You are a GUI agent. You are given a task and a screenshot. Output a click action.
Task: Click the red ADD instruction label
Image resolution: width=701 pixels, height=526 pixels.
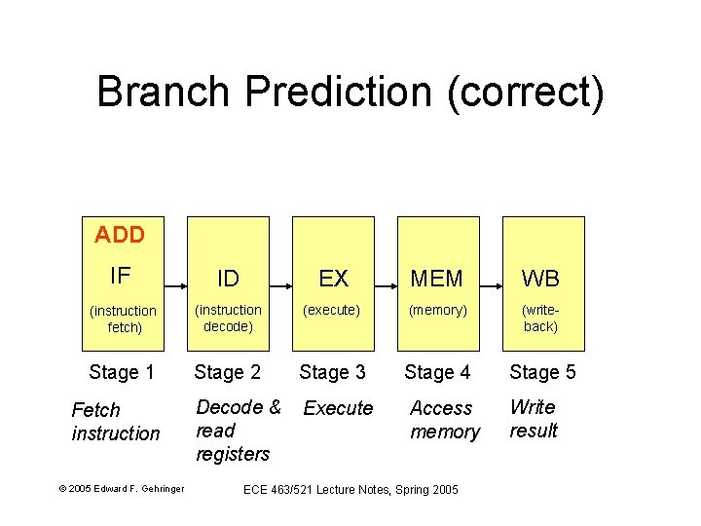coord(120,235)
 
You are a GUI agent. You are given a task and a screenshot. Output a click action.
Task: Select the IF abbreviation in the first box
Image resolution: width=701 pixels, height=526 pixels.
coord(121,276)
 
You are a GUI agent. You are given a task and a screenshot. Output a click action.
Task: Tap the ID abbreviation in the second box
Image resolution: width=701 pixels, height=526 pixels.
coord(228,280)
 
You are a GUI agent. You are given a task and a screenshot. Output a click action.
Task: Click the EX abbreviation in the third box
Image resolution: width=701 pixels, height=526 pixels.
coord(333,280)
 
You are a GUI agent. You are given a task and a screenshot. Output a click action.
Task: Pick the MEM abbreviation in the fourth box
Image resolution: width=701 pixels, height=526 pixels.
coord(437,280)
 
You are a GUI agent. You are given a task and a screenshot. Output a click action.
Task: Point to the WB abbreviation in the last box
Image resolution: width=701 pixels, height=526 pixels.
coord(540,280)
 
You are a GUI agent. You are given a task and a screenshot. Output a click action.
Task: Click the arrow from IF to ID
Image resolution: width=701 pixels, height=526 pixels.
coord(175,286)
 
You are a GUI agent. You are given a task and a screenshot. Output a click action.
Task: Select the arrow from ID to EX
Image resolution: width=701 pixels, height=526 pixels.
coord(280,286)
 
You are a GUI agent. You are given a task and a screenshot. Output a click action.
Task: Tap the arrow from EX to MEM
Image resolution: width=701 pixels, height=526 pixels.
coord(386,286)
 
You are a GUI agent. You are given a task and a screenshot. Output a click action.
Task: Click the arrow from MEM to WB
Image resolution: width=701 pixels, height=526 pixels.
coord(491,286)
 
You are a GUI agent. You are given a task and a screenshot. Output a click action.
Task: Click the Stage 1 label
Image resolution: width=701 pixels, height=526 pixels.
coord(122,372)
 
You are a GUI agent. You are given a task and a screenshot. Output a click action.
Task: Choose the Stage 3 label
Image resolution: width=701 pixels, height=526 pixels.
coord(332,372)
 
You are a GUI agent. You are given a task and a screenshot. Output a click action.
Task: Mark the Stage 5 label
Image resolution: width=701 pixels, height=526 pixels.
coord(542,372)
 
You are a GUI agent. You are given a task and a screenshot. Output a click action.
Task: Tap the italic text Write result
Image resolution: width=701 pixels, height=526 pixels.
coord(534,419)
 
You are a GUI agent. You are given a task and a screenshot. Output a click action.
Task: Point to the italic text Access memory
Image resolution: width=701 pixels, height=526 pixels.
coord(444,420)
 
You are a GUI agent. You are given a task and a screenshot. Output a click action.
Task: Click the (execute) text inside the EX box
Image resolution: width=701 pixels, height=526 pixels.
coord(331,311)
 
